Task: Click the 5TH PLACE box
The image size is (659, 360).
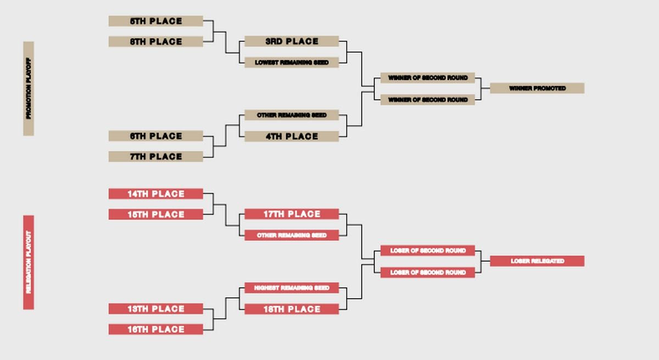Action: click(x=155, y=21)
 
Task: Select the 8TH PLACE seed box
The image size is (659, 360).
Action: click(x=155, y=42)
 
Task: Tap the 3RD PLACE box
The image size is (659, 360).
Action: click(x=292, y=41)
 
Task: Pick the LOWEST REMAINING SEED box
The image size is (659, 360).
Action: click(x=292, y=63)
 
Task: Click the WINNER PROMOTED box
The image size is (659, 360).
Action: click(x=537, y=88)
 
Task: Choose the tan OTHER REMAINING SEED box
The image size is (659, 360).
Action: click(x=292, y=115)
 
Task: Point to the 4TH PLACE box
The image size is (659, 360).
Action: click(x=292, y=136)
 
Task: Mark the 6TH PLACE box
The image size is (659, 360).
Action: click(x=155, y=136)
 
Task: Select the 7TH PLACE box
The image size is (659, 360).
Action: click(x=155, y=156)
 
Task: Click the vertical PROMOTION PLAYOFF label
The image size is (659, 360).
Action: click(x=29, y=88)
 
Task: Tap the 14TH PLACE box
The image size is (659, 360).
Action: click(x=155, y=194)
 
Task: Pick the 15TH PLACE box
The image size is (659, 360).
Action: click(x=155, y=215)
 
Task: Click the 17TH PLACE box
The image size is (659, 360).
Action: click(x=292, y=214)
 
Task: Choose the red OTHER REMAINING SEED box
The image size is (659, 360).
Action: click(x=292, y=235)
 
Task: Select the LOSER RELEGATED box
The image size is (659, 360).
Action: click(x=537, y=261)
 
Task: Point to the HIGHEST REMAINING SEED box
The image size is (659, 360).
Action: click(x=292, y=288)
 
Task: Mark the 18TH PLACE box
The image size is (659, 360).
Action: click(x=292, y=309)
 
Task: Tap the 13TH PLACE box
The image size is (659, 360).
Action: click(x=155, y=309)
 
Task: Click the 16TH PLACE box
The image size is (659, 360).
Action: click(x=155, y=329)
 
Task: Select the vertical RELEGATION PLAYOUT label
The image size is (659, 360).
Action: click(x=29, y=262)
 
